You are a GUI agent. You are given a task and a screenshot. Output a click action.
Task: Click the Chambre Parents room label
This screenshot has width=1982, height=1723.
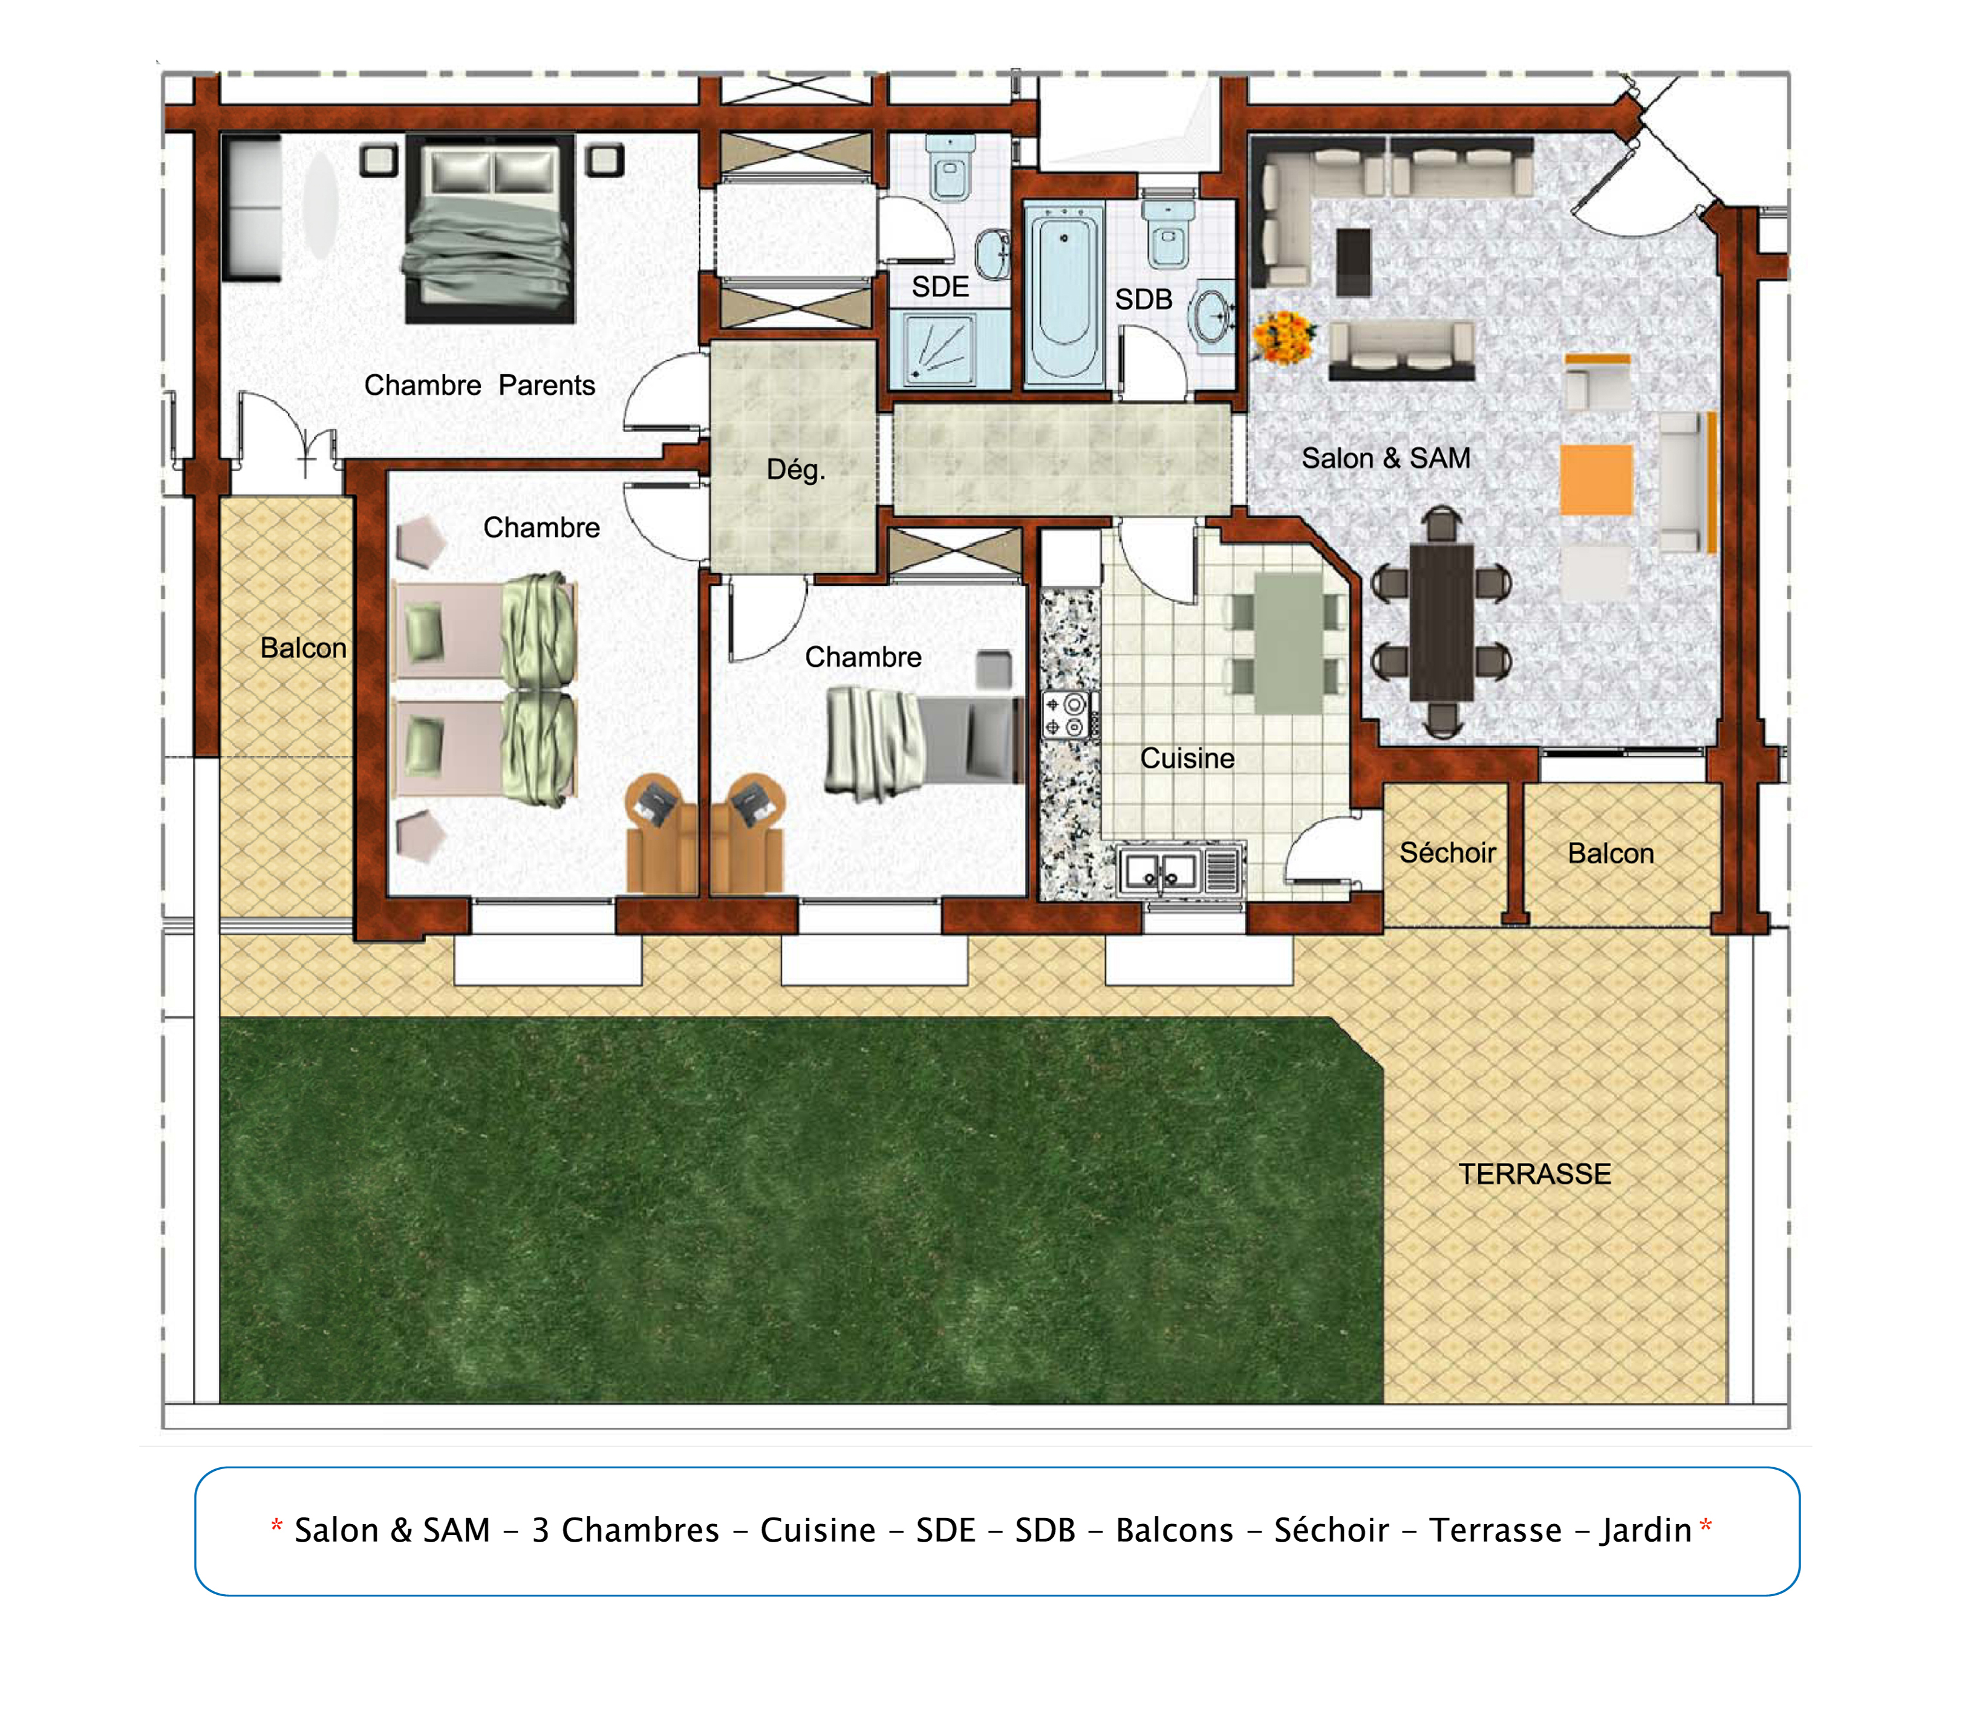point(480,386)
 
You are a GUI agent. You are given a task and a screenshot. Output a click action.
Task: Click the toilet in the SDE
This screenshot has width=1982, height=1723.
point(950,167)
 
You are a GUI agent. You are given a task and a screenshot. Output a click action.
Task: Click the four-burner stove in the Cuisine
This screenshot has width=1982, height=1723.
point(1069,715)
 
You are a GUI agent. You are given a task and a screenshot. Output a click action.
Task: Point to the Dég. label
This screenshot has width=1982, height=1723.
point(795,470)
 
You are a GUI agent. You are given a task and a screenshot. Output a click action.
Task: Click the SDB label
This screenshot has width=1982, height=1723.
point(1144,300)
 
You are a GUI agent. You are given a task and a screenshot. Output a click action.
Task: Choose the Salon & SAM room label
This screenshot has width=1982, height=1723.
point(1386,459)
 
